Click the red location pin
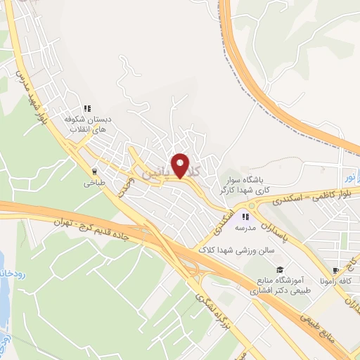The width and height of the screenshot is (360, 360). pos(181,166)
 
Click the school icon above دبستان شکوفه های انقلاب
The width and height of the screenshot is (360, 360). pos(88,109)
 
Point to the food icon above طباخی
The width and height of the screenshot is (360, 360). pos(94,171)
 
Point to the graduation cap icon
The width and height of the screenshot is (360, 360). pos(280,270)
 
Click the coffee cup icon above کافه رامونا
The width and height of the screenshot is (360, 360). pos(336,269)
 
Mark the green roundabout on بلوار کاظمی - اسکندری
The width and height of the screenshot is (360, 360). pos(251,205)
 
